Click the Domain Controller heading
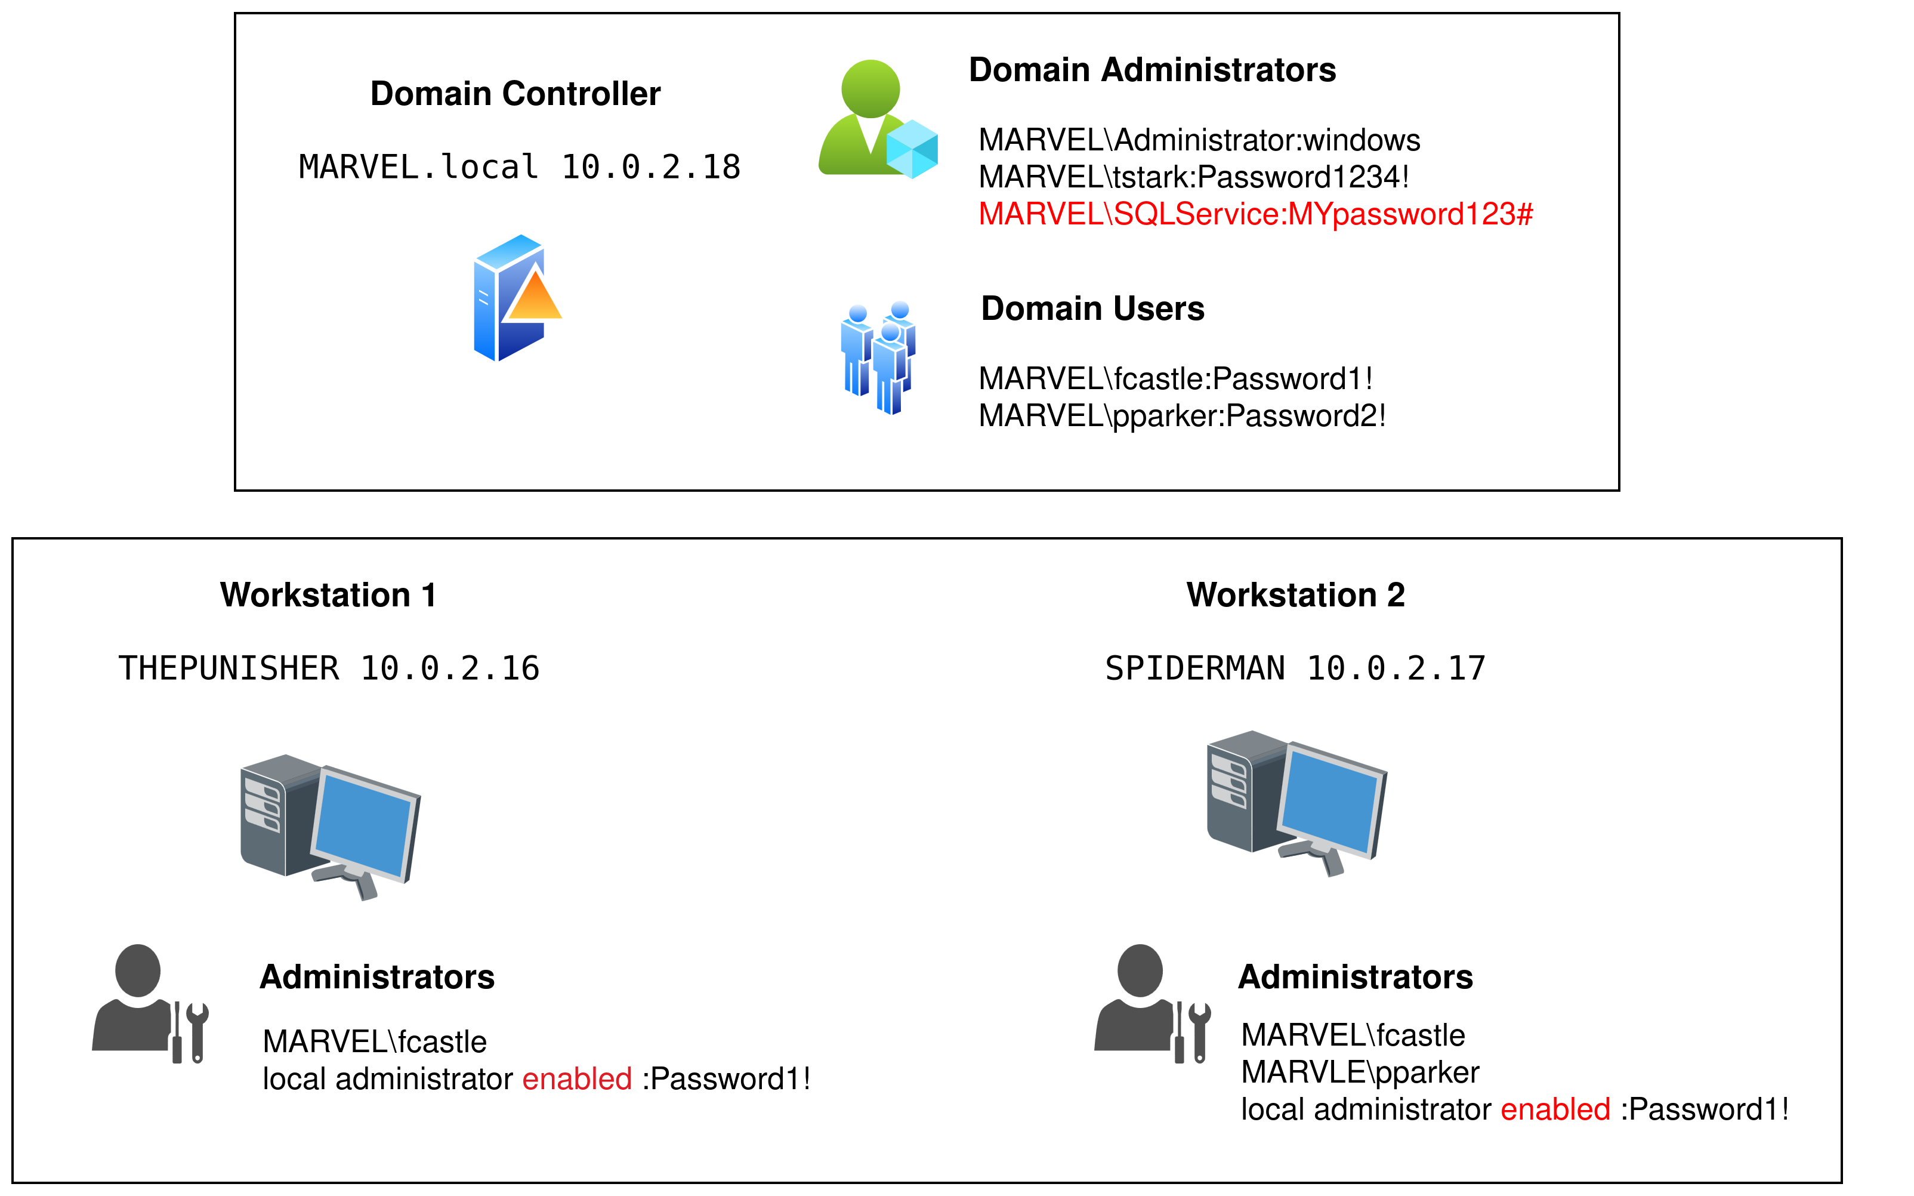pyautogui.click(x=515, y=93)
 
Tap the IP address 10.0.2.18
pyautogui.click(x=651, y=167)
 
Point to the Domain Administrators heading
pyautogui.click(x=1152, y=70)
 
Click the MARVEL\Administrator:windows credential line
pyautogui.click(x=1199, y=140)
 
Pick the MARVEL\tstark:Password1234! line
pyautogui.click(x=1194, y=177)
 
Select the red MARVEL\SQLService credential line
pyautogui.click(x=1255, y=214)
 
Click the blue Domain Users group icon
pyautogui.click(x=878, y=357)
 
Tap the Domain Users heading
pyautogui.click(x=1092, y=309)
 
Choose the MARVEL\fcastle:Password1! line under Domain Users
pyautogui.click(x=1175, y=379)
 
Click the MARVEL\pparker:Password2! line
pyautogui.click(x=1182, y=416)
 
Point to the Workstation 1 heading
pyautogui.click(x=328, y=595)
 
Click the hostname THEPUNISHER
pyautogui.click(x=229, y=668)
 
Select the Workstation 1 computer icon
pyautogui.click(x=330, y=826)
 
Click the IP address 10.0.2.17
pyautogui.click(x=1396, y=668)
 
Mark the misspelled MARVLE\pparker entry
pyautogui.click(x=1360, y=1072)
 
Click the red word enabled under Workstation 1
pyautogui.click(x=577, y=1079)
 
